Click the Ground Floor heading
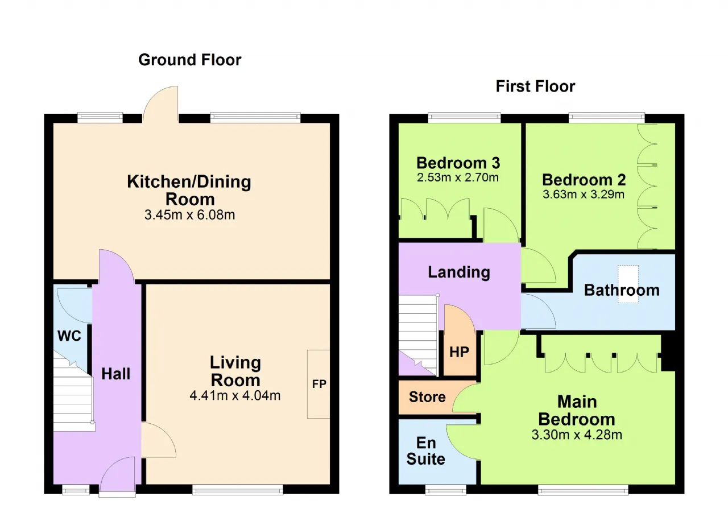tap(190, 60)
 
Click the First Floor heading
tap(535, 86)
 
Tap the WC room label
tap(69, 336)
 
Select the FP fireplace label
tap(319, 384)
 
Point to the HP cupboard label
tap(459, 352)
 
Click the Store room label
tap(427, 397)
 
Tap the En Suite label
tap(426, 451)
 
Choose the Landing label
tap(459, 272)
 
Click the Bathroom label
tap(622, 290)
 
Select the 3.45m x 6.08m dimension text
tap(190, 215)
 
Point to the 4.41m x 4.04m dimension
tap(235, 395)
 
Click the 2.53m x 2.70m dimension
tap(458, 177)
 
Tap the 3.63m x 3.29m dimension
tap(584, 195)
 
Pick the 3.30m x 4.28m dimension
tap(577, 435)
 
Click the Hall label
tap(115, 374)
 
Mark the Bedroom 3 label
tap(458, 163)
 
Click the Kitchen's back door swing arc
tap(154, 96)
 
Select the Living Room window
tap(238, 490)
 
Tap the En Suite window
tap(445, 490)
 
